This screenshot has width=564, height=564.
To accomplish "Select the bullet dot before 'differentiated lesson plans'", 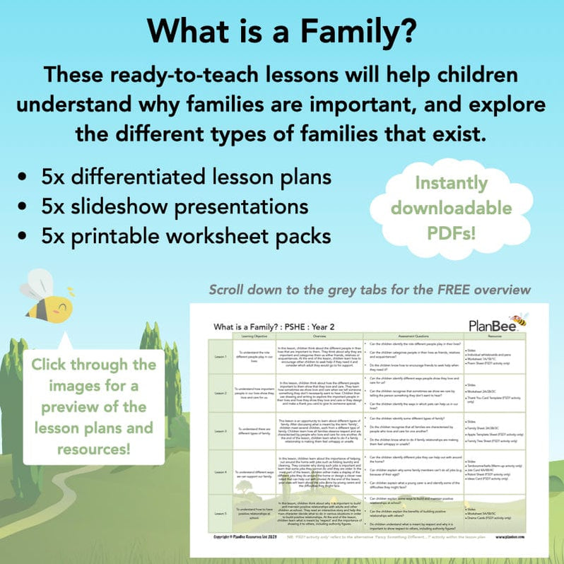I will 26,177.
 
